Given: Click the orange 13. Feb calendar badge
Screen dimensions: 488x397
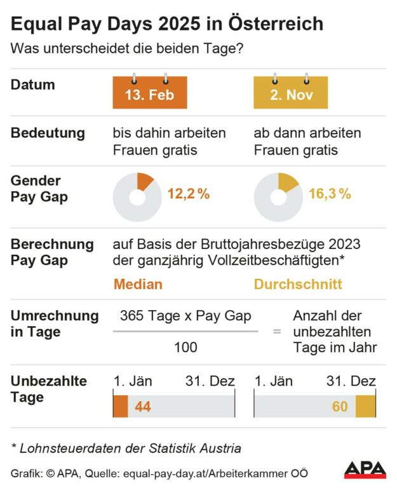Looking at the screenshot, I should [x=149, y=95].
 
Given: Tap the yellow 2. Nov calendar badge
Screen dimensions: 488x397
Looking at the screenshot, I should [x=290, y=95].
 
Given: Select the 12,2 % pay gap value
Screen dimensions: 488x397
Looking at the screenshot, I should [x=189, y=194].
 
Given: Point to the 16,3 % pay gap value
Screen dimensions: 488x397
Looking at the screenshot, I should [x=330, y=194].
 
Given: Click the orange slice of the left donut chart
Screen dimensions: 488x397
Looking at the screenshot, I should [x=144, y=181].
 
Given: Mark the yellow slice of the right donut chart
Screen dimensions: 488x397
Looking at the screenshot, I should [x=287, y=182].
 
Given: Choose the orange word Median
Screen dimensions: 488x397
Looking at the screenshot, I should [x=138, y=284].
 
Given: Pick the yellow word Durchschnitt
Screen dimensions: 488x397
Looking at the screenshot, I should [x=298, y=284].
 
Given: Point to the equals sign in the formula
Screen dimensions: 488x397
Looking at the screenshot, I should [x=277, y=331].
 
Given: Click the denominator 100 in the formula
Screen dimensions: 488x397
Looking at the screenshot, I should [x=185, y=348].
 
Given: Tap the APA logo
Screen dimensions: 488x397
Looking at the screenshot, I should [x=365, y=470].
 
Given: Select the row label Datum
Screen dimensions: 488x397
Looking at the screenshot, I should [x=33, y=85].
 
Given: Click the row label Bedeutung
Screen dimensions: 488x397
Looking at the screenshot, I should [x=48, y=133].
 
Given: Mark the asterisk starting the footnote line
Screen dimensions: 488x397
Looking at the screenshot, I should [x=14, y=447].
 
